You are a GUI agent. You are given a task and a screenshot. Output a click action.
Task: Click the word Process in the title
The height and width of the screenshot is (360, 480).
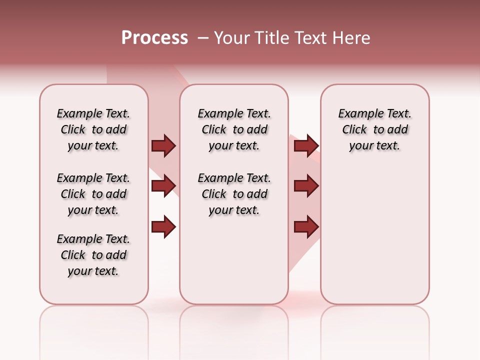click(154, 38)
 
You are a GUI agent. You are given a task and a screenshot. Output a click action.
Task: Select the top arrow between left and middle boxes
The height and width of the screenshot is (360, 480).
click(163, 146)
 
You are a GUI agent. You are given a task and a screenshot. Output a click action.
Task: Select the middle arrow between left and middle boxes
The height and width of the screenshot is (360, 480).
click(163, 186)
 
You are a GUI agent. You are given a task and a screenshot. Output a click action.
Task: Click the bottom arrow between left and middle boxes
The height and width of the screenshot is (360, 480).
click(163, 227)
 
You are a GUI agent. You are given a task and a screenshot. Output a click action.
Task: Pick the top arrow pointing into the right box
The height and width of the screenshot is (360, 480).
click(306, 146)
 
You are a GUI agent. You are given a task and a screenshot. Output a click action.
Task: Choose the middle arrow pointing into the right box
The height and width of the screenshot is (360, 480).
click(306, 186)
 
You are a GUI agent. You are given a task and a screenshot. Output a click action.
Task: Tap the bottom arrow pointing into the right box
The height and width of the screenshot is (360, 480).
click(306, 227)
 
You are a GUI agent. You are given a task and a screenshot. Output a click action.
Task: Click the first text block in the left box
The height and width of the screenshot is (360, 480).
click(93, 129)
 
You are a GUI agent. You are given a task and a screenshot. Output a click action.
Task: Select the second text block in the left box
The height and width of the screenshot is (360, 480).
click(93, 194)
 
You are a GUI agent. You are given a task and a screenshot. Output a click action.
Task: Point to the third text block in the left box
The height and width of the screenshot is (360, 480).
click(93, 255)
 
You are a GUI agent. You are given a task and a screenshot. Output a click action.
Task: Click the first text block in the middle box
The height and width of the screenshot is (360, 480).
click(234, 129)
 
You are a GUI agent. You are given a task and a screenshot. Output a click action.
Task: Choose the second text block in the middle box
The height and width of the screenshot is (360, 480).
click(234, 194)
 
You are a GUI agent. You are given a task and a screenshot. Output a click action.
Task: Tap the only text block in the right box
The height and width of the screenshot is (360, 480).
click(374, 129)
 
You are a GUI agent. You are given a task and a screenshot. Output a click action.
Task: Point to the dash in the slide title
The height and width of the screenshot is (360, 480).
click(202, 38)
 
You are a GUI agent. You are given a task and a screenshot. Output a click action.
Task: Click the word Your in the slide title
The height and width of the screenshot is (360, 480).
click(231, 38)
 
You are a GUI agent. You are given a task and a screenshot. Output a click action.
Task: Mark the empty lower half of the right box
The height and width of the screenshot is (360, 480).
click(374, 240)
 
